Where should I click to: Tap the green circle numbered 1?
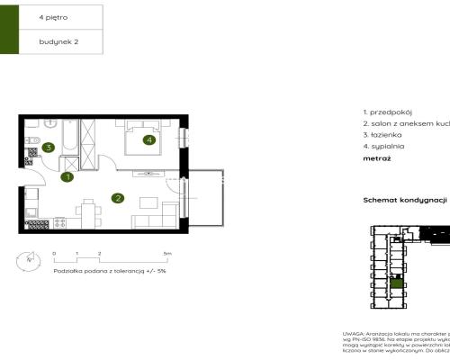pos(67,177)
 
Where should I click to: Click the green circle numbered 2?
pos(117,198)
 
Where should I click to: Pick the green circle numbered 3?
pos(49,148)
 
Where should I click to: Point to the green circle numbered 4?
pos(148,139)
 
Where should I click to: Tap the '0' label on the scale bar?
pos(54,255)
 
